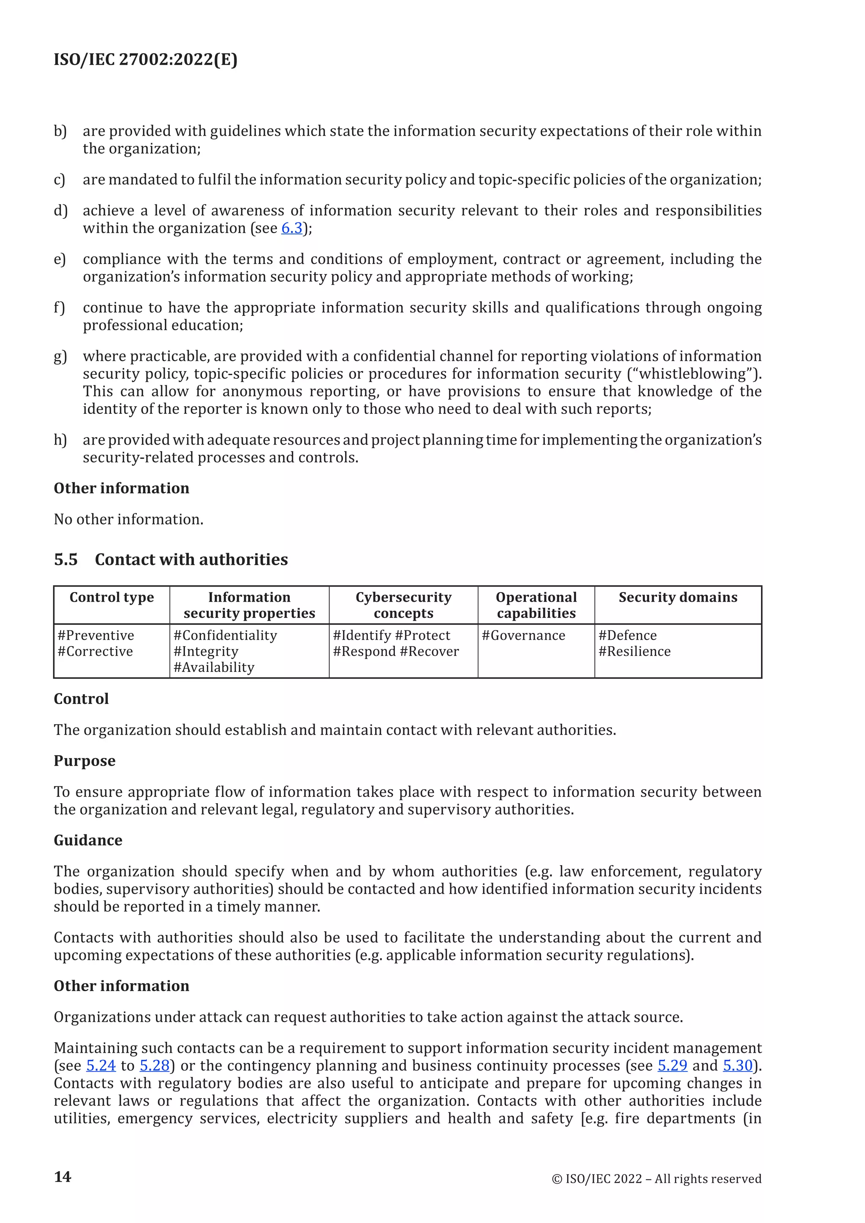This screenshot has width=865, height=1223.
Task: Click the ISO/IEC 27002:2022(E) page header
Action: pyautogui.click(x=145, y=59)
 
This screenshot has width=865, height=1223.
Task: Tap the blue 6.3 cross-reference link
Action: pyautogui.click(x=291, y=228)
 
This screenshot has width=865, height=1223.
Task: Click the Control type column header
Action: pyautogui.click(x=112, y=597)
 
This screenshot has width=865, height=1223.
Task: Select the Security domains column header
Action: pyautogui.click(x=677, y=597)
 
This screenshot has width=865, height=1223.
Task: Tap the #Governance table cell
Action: pyautogui.click(x=523, y=636)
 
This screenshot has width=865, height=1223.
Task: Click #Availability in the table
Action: pyautogui.click(x=214, y=667)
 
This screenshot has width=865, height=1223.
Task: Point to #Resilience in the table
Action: pyautogui.click(x=634, y=652)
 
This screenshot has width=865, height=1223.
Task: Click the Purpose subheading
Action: pyautogui.click(x=84, y=761)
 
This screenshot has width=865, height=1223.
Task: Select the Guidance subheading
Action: pyautogui.click(x=88, y=840)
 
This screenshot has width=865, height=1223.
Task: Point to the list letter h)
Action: pyautogui.click(x=60, y=440)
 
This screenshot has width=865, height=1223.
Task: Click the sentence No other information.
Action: pyautogui.click(x=128, y=519)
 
